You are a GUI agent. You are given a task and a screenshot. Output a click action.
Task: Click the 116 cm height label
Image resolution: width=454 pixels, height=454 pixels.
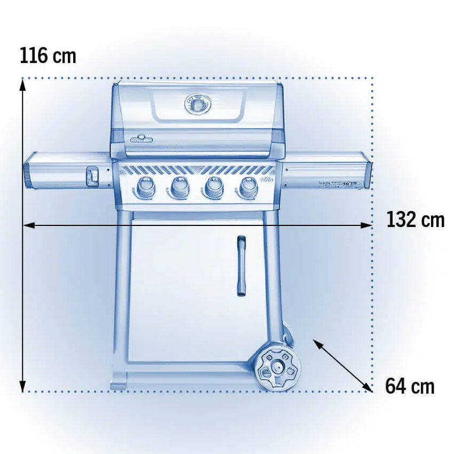[48, 56]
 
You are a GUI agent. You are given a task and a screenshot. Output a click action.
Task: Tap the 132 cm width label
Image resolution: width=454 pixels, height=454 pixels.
[415, 220]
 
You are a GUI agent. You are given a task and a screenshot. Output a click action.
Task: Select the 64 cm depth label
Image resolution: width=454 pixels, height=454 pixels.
[410, 386]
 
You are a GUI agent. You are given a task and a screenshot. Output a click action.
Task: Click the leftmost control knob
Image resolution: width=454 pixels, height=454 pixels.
[145, 187]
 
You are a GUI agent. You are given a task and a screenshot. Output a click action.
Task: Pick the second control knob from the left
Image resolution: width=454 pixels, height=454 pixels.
[179, 187]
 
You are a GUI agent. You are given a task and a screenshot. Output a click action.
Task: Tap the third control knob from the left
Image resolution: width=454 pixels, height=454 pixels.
[214, 187]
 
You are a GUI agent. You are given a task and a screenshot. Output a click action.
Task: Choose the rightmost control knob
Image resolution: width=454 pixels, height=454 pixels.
[248, 187]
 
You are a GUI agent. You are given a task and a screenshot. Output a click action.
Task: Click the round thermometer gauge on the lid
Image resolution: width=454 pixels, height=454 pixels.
[198, 104]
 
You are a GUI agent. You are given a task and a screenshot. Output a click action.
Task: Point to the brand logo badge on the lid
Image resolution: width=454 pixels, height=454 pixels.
[142, 139]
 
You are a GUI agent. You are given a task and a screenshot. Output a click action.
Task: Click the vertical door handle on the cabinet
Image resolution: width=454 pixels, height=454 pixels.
[241, 266]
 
